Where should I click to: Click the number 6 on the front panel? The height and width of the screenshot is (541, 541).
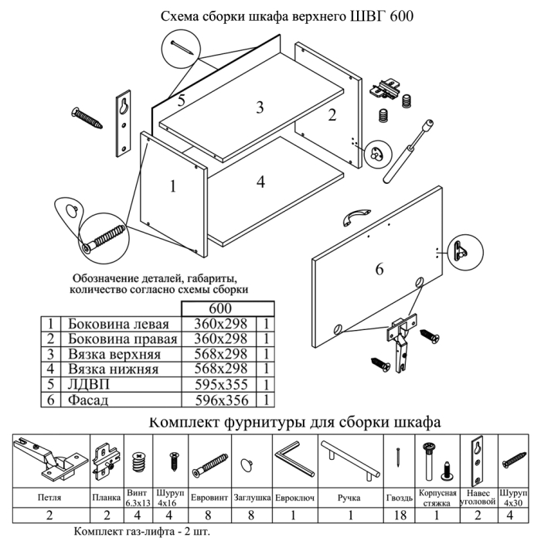tap(379, 269)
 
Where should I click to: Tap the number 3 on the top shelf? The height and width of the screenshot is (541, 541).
tap(260, 107)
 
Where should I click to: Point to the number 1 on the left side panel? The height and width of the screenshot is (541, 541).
tap(173, 185)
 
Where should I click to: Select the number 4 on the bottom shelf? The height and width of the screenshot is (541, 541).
tap(261, 182)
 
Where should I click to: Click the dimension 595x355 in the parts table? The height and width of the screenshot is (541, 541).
tap(220, 385)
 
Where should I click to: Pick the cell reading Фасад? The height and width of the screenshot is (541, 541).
tap(88, 400)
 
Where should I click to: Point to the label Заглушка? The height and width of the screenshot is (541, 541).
tap(250, 498)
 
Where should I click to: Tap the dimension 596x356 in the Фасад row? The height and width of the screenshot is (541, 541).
tap(220, 400)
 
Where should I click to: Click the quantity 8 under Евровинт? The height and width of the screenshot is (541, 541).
tap(209, 515)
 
